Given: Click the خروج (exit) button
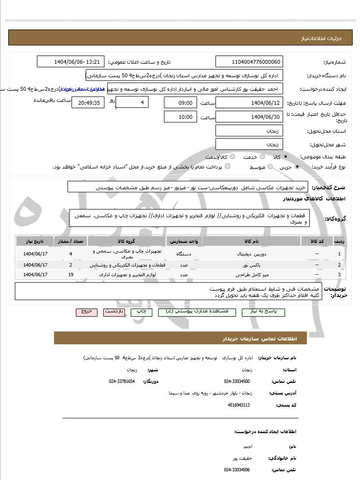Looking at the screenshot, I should pos(86,312).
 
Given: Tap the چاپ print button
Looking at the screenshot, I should pos(141,312).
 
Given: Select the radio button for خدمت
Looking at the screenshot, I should pos(262,157).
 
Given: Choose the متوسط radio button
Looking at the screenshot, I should pos(270,167).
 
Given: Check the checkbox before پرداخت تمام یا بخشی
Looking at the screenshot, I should pos(228,167).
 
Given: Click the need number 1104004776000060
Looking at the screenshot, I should pos(249,62).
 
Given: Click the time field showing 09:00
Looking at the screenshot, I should pos(181,103).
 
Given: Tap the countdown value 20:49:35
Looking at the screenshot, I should pos(87,103).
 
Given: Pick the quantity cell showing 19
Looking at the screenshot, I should pos(71,274).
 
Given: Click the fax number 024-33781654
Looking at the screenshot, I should pos(122,381).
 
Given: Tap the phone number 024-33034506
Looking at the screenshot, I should pos(237,469).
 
